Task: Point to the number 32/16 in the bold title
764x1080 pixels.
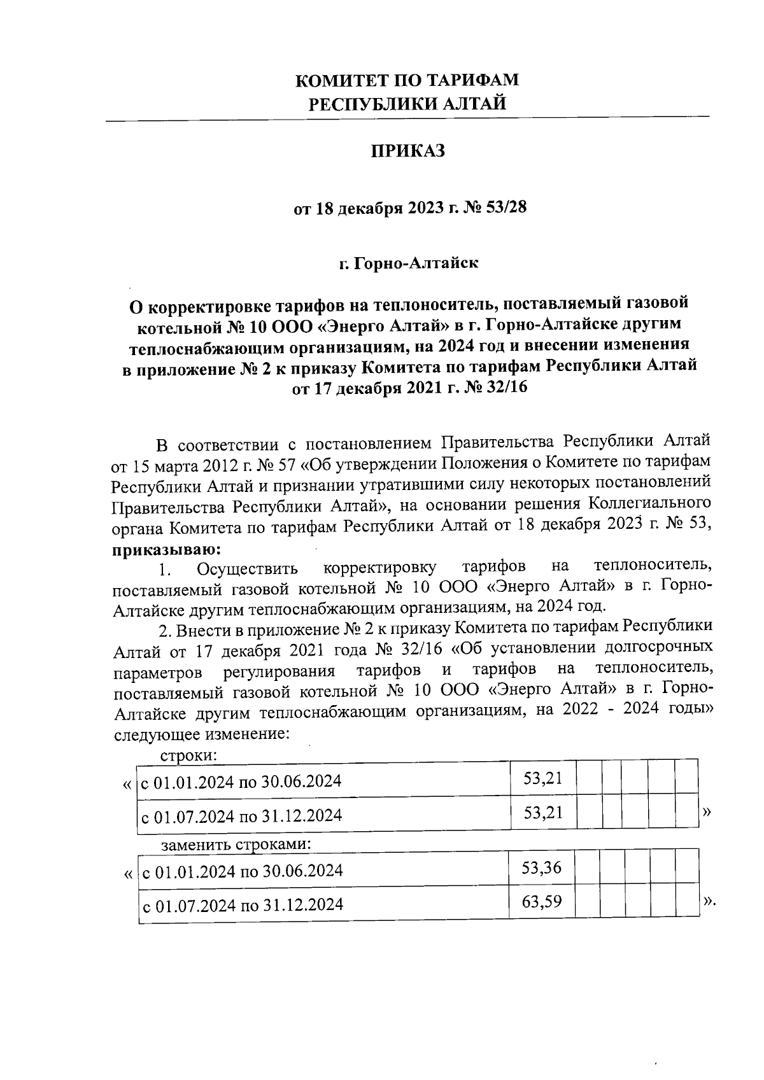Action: pos(507,386)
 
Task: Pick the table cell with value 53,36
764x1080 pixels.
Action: pos(541,867)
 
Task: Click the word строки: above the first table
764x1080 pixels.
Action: pos(188,756)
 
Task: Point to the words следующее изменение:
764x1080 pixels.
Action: pos(202,733)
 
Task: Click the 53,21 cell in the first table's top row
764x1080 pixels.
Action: pos(542,778)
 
